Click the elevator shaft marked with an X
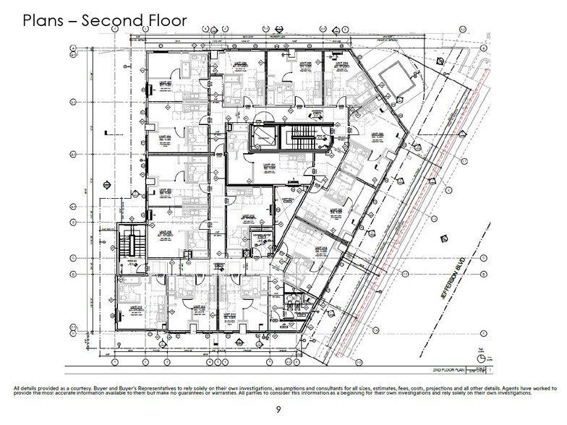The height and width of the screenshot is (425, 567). pyautogui.click(x=263, y=136)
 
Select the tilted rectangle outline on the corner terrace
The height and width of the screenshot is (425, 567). pyautogui.click(x=392, y=75)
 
